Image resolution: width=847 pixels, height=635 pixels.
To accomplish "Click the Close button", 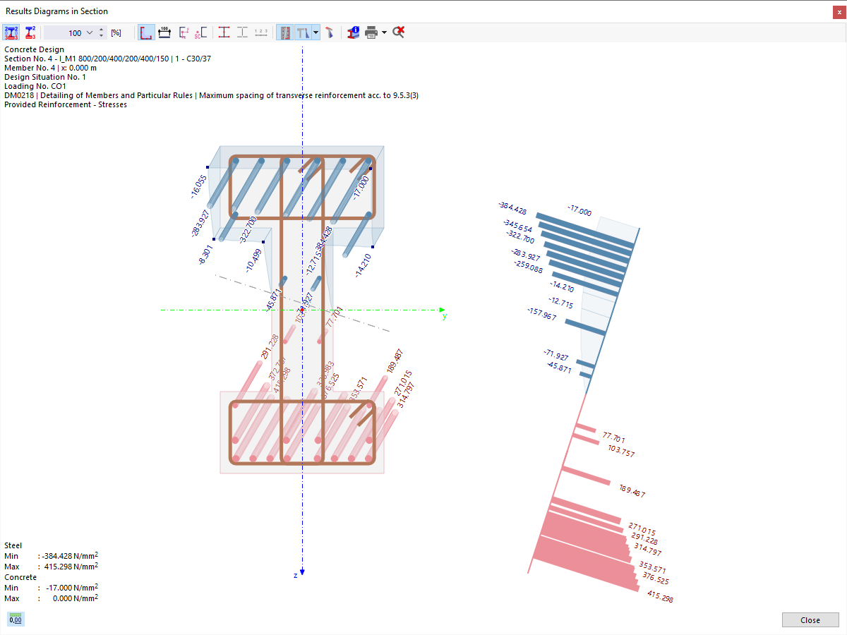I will pyautogui.click(x=810, y=620).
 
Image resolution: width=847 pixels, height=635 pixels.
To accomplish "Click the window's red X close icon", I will pyautogui.click(x=838, y=11).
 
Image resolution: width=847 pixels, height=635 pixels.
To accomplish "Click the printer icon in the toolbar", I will pyautogui.click(x=371, y=32).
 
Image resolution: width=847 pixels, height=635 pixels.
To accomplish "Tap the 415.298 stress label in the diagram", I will pyautogui.click(x=659, y=596).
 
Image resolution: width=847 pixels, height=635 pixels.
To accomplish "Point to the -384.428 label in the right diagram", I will pyautogui.click(x=512, y=207).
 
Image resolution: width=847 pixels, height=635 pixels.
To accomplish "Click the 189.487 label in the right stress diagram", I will pyautogui.click(x=631, y=492).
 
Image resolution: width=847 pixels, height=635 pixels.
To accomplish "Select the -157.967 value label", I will pyautogui.click(x=541, y=314).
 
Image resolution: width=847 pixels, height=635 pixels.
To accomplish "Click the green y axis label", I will pyautogui.click(x=444, y=316).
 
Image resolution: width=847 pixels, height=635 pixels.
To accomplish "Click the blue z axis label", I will pyautogui.click(x=296, y=576).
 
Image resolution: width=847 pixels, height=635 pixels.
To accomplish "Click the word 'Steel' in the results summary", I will pyautogui.click(x=13, y=545).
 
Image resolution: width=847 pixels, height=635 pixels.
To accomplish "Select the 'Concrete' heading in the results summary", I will pyautogui.click(x=20, y=577).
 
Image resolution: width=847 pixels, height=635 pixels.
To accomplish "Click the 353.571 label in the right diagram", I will pyautogui.click(x=652, y=568).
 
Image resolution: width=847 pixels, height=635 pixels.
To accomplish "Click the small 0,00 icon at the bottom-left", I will pyautogui.click(x=16, y=619).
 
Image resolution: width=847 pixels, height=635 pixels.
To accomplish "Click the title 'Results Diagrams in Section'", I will pyautogui.click(x=56, y=11).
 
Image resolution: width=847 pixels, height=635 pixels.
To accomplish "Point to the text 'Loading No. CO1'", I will pyautogui.click(x=35, y=86).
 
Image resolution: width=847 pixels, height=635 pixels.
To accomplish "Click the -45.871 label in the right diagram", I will pyautogui.click(x=559, y=368).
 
